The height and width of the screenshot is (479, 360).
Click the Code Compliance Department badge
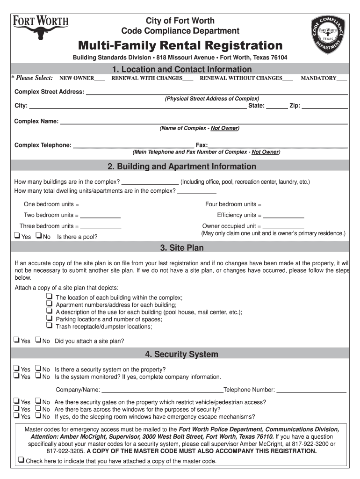click(x=328, y=35)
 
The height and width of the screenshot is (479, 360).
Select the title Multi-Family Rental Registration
click(x=180, y=46)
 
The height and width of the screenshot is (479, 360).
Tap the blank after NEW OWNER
click(x=99, y=79)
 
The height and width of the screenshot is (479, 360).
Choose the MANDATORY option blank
click(x=342, y=79)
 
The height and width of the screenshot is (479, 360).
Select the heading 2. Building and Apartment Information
click(x=182, y=167)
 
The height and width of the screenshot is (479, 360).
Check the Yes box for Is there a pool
click(x=17, y=236)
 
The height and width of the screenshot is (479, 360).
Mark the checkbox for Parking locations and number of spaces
click(x=49, y=319)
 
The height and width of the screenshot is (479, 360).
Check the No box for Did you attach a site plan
click(x=39, y=341)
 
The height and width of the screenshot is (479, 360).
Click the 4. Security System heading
click(x=181, y=355)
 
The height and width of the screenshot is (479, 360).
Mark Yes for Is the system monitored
click(x=17, y=376)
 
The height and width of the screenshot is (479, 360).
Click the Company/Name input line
click(x=162, y=390)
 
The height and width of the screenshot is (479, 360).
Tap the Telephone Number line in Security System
click(x=311, y=390)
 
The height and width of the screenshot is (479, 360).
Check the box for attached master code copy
click(x=21, y=460)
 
